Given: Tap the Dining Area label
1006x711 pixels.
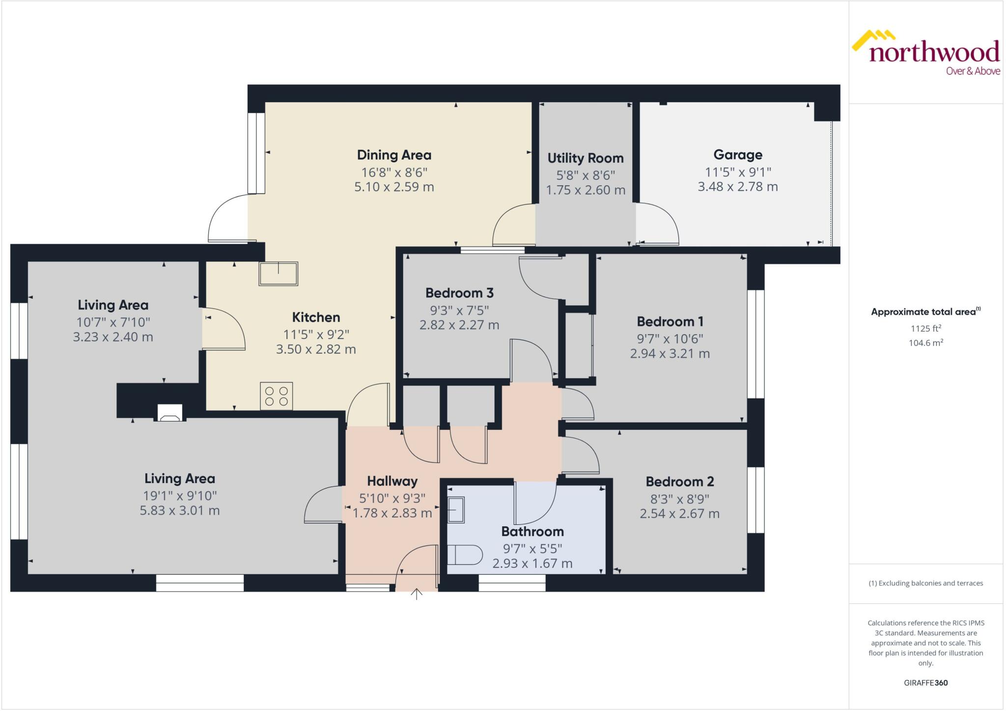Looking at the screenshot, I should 394,155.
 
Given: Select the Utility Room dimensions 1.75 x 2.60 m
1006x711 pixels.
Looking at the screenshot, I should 586,190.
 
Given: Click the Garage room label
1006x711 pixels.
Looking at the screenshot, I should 738,155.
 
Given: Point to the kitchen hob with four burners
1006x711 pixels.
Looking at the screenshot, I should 277,396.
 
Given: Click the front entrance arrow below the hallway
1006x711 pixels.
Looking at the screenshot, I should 417,594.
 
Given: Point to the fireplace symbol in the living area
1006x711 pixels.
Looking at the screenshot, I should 170,414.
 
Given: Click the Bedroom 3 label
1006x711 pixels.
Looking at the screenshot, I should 459,293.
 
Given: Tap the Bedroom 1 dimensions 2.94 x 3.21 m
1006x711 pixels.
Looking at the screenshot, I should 670,354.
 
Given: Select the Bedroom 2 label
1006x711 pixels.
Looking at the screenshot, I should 679,482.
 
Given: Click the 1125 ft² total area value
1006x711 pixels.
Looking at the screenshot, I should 925,329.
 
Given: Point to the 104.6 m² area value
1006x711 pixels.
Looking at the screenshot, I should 925,343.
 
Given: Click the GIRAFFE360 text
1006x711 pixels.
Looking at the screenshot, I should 925,683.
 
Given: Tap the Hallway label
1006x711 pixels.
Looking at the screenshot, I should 392,481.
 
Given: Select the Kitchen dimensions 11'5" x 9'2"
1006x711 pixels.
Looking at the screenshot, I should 316,335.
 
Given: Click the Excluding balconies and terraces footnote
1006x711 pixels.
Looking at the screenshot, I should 925,583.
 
